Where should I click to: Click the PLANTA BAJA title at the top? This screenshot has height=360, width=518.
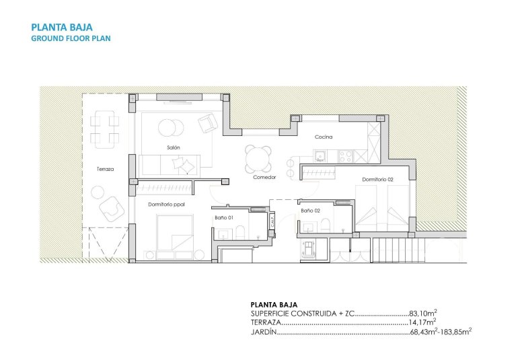click(x=62, y=28)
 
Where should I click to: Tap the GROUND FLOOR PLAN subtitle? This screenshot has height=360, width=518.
click(x=71, y=38)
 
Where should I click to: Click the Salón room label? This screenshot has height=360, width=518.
click(x=174, y=147)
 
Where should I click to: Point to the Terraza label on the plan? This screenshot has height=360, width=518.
click(x=104, y=170)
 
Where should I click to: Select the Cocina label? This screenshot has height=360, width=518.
click(x=324, y=137)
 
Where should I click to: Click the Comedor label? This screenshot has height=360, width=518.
click(x=264, y=178)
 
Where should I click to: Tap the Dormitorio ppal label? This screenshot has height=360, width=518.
click(x=165, y=203)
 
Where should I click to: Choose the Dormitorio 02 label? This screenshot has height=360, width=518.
click(x=377, y=180)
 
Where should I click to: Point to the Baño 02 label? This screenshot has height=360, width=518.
click(x=309, y=211)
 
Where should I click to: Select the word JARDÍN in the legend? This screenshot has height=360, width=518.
click(x=263, y=332)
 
